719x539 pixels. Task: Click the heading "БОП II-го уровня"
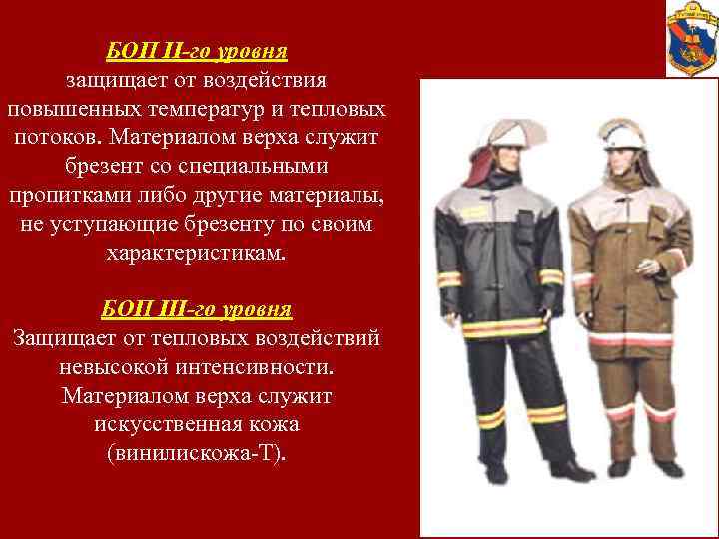pos(196,49)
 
